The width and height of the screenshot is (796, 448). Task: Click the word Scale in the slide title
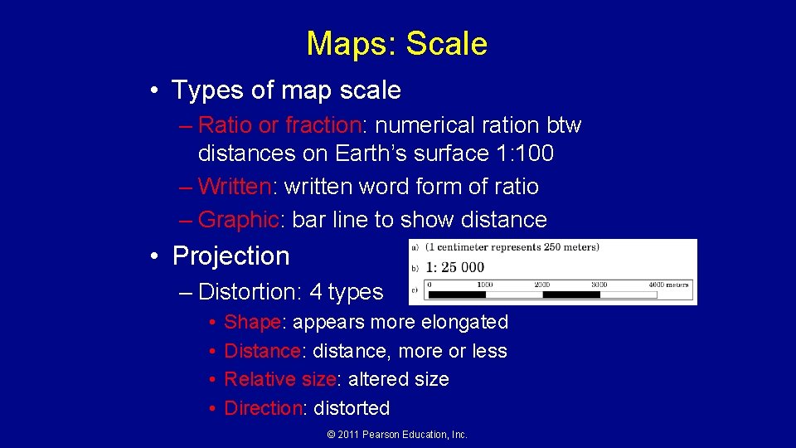click(447, 44)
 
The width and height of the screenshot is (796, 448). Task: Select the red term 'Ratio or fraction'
click(279, 125)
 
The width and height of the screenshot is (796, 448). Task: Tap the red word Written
click(235, 187)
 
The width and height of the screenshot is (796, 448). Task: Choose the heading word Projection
click(231, 256)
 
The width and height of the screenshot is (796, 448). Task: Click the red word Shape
click(252, 322)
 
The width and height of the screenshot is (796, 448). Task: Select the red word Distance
click(262, 351)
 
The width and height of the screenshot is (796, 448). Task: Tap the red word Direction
click(263, 408)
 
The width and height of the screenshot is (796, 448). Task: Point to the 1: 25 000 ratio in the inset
click(455, 267)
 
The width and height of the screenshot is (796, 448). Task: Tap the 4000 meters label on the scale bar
click(667, 285)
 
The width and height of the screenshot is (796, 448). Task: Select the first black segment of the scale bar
click(456, 294)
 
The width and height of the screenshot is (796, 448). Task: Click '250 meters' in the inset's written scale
click(571, 246)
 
